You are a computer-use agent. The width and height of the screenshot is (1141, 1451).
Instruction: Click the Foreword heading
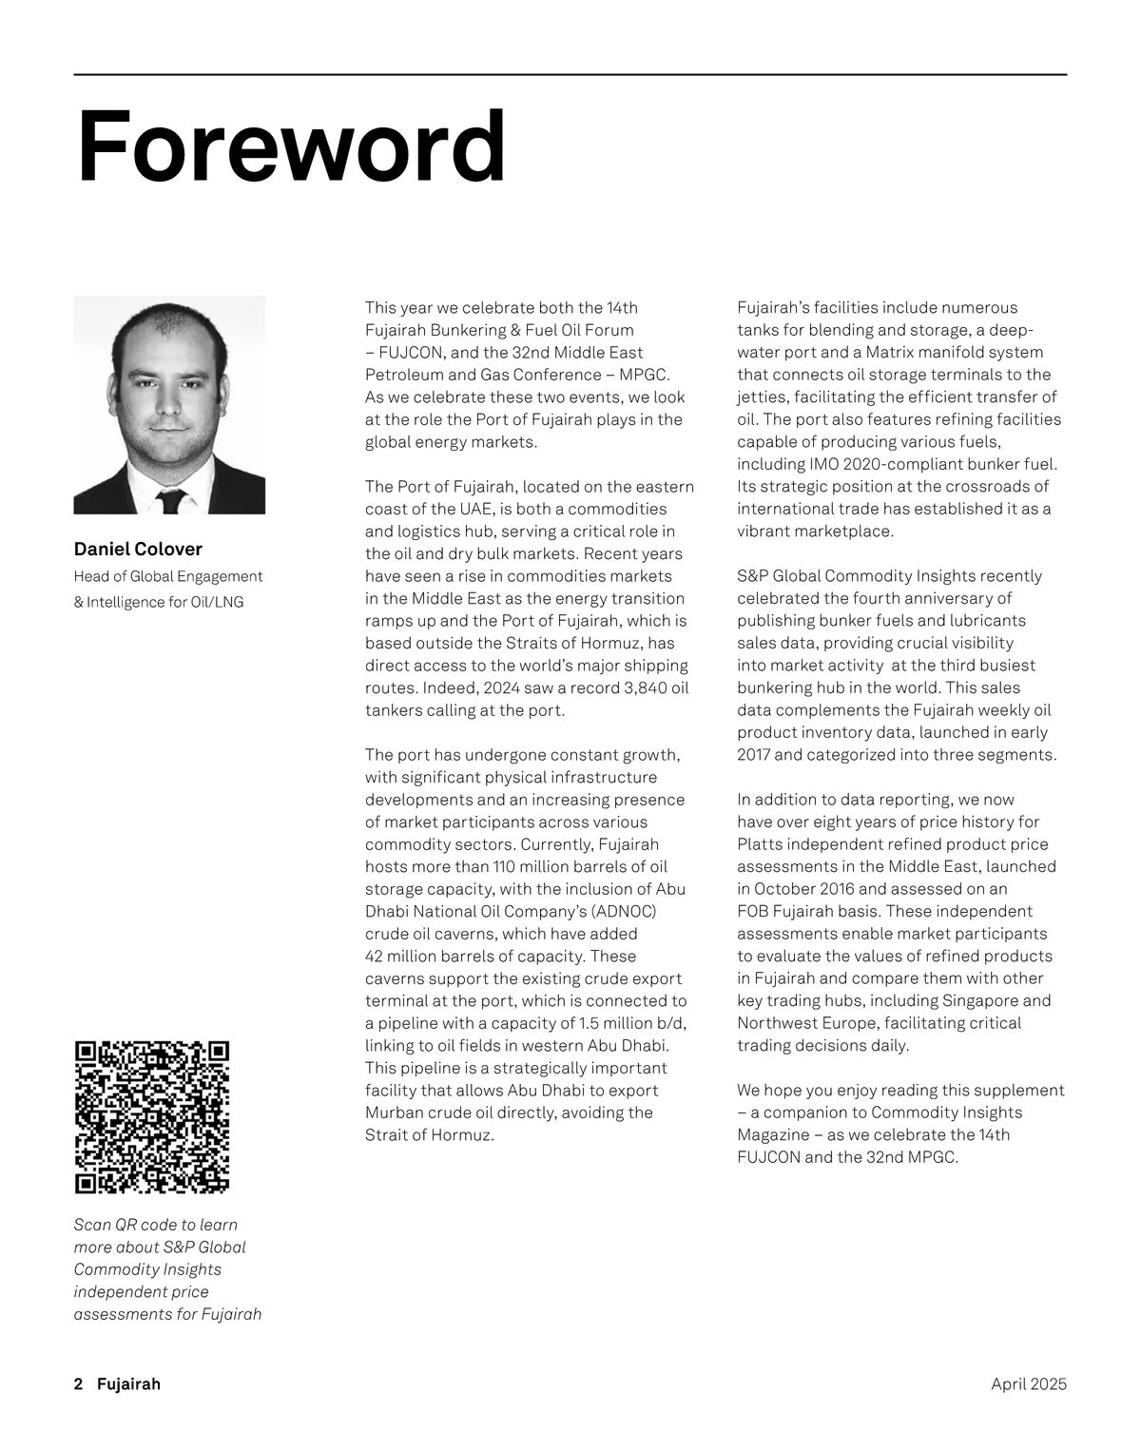pos(290,147)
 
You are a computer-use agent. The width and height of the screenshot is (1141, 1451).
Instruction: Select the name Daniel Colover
pos(138,549)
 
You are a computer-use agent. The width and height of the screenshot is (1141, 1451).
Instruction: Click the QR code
pos(152,1117)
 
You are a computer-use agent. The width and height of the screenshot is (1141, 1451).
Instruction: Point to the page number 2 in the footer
pos(78,1384)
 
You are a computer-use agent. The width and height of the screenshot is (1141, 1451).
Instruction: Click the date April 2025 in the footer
pos(1029,1384)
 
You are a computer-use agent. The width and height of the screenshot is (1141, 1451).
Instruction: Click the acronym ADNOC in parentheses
pos(624,911)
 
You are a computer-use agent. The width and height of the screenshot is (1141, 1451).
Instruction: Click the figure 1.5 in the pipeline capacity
pos(590,1023)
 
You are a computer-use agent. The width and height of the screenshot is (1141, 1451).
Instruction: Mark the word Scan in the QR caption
pos(91,1225)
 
